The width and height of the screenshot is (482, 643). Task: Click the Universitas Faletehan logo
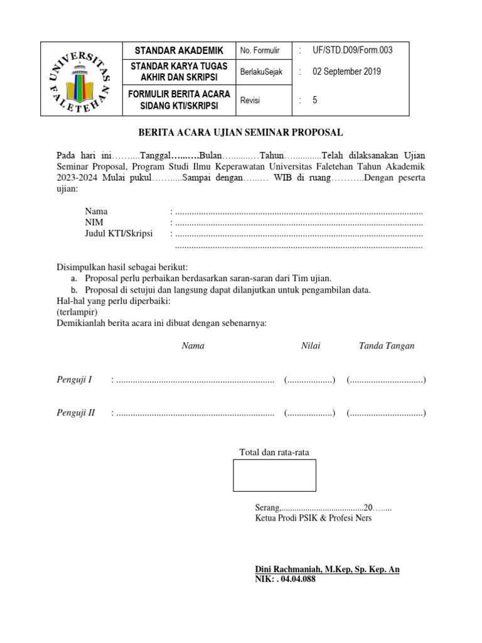click(x=80, y=79)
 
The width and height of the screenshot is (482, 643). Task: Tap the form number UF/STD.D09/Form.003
click(x=352, y=50)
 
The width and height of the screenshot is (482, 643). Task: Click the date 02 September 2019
click(x=346, y=72)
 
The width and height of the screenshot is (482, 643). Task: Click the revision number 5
click(x=315, y=99)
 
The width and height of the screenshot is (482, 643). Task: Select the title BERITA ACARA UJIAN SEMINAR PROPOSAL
click(x=240, y=132)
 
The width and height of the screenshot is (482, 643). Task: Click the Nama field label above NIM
click(x=96, y=212)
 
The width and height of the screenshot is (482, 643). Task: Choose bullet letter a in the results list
click(x=73, y=278)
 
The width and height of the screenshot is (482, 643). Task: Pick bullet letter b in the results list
click(x=73, y=289)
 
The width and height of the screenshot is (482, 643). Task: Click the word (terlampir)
click(x=73, y=312)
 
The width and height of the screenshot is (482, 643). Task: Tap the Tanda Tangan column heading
click(x=386, y=346)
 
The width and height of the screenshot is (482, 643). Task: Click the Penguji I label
click(x=75, y=380)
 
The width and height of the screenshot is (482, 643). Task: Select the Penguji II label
click(x=76, y=413)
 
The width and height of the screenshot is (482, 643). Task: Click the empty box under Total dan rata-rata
click(x=274, y=475)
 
